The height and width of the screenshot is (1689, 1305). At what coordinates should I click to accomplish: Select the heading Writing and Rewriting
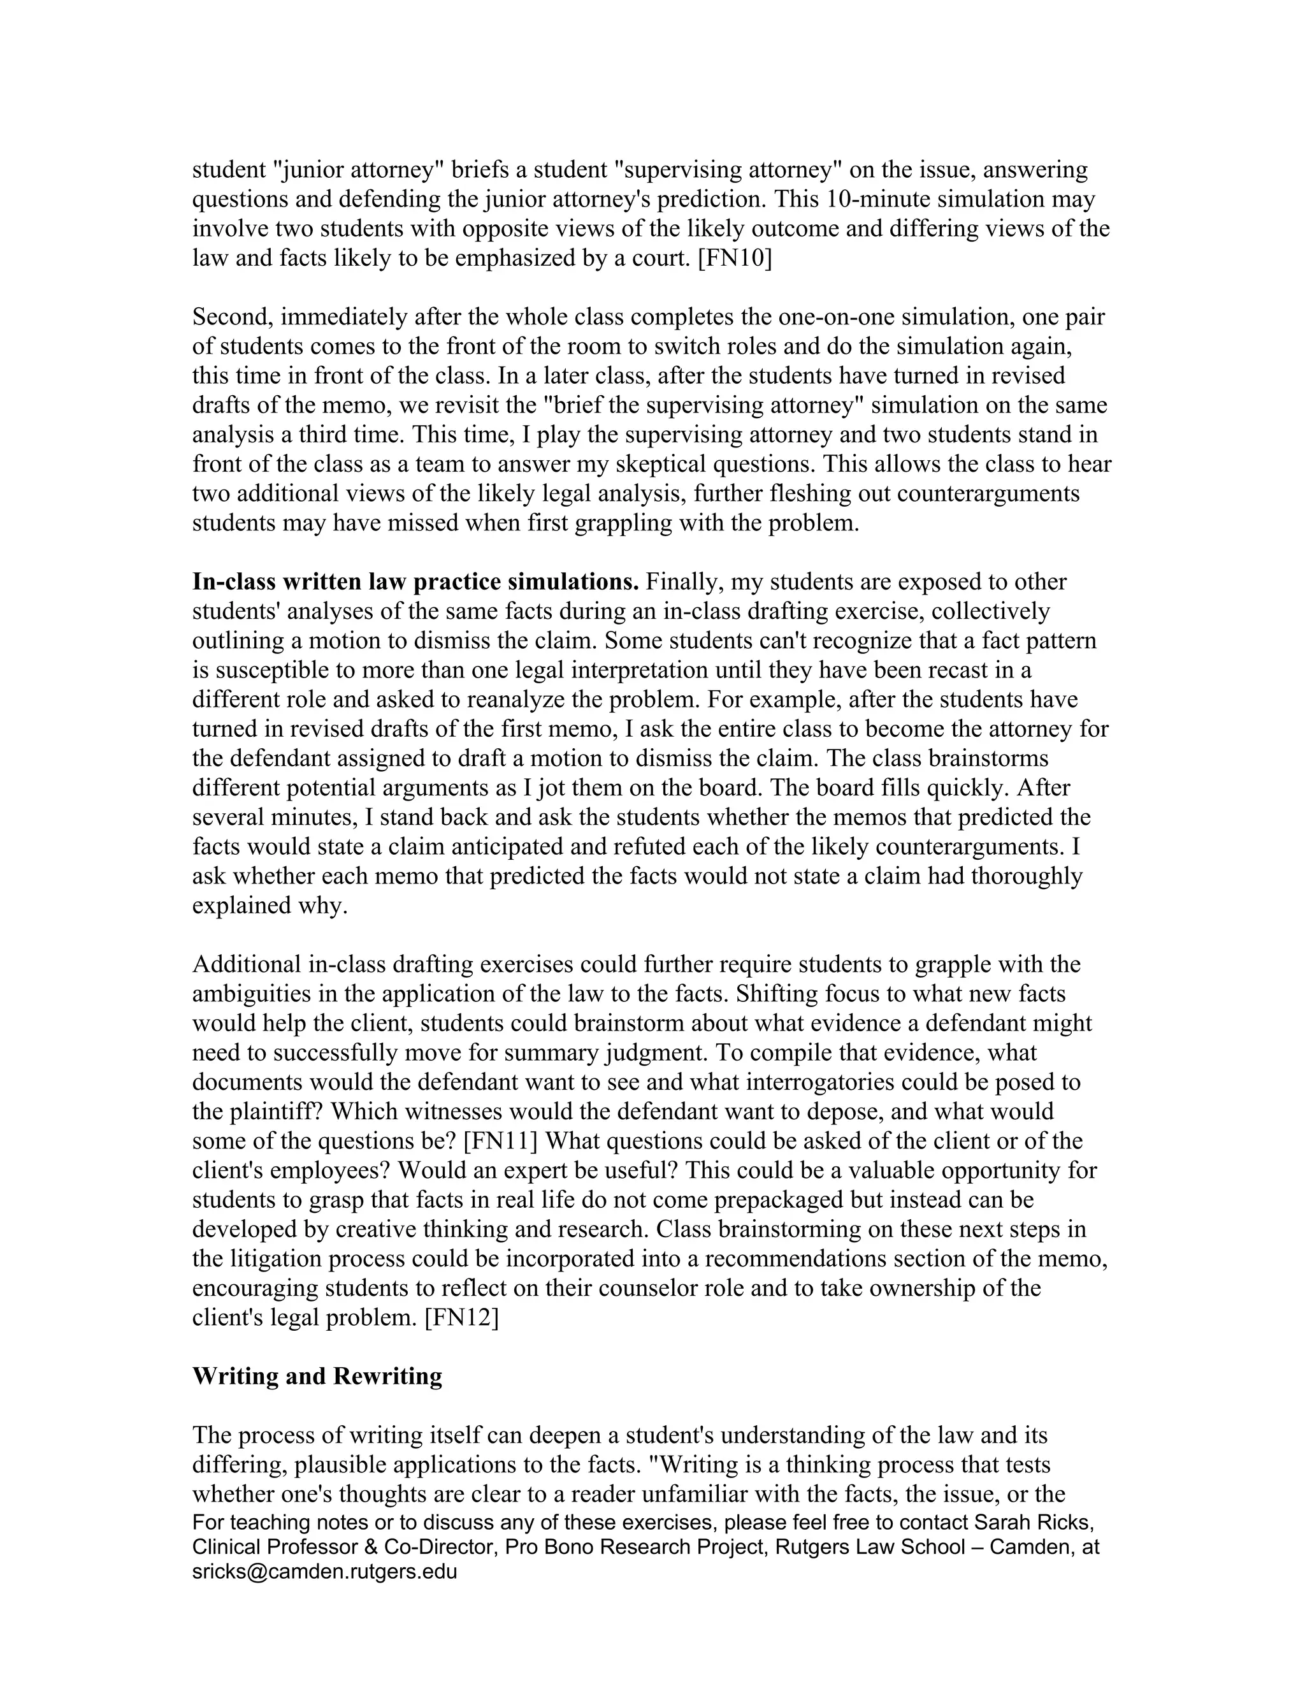317,1377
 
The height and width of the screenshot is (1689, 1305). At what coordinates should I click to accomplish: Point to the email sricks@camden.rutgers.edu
325,1572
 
